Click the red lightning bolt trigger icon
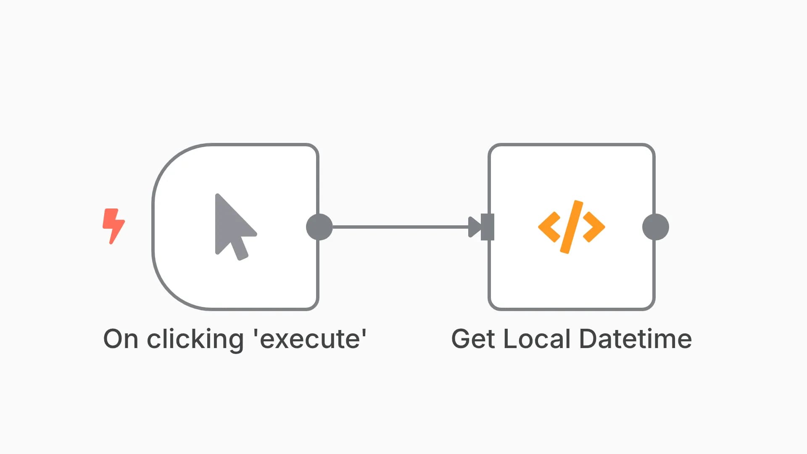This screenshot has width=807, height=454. (x=113, y=226)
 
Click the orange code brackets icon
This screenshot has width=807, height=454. (x=571, y=227)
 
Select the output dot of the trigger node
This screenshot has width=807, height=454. (x=319, y=227)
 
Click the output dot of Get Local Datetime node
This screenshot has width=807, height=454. (x=655, y=227)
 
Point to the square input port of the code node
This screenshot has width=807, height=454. (x=488, y=227)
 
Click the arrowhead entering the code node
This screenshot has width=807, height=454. (x=474, y=227)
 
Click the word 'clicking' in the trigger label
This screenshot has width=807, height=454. (x=195, y=339)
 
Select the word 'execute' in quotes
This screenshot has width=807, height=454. (x=310, y=339)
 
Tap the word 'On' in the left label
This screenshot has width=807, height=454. (x=121, y=339)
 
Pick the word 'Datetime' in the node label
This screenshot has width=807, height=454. (x=636, y=339)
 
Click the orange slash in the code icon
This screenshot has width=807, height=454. (x=572, y=227)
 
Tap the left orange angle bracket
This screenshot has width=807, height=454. (x=549, y=227)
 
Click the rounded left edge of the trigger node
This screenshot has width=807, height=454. (x=154, y=227)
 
